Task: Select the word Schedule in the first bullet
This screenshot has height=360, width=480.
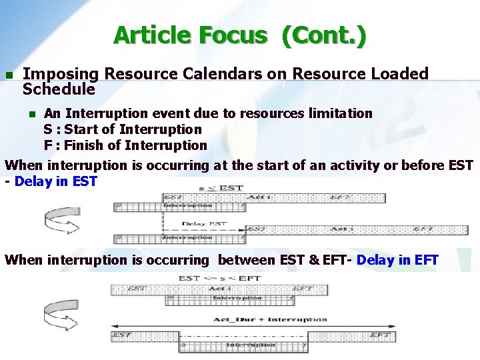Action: pos(59,89)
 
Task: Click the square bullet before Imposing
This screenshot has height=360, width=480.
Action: pos(9,75)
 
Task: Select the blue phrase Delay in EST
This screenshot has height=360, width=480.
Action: pos(55,181)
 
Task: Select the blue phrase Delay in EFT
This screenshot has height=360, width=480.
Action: pos(397,260)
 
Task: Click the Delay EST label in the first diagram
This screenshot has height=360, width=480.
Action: pos(204,224)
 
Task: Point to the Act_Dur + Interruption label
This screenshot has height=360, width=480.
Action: pos(270,319)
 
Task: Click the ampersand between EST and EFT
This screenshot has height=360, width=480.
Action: pos(313,260)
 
